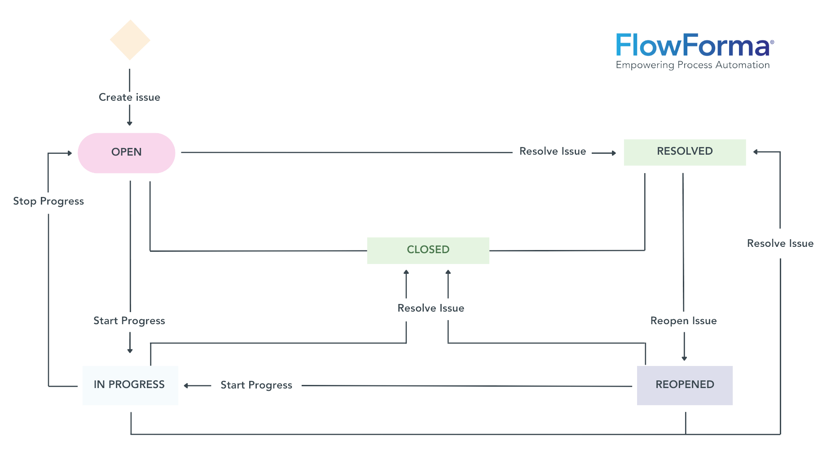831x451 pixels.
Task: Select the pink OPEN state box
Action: point(126,152)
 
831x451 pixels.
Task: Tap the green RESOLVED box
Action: point(684,152)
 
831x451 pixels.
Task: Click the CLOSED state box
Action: point(428,250)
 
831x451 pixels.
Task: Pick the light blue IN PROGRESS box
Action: point(130,385)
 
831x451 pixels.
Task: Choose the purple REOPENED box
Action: point(685,385)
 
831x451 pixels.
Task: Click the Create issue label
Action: point(129,97)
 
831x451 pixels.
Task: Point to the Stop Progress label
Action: point(48,201)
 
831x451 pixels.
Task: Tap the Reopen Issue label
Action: point(683,321)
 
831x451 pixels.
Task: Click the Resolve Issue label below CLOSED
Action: point(431,308)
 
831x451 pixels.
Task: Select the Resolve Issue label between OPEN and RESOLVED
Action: point(552,152)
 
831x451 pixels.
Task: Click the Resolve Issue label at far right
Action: point(780,244)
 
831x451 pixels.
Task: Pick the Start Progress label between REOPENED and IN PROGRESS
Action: point(256,385)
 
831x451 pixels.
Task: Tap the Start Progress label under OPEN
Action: point(129,321)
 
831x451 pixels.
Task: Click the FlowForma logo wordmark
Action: point(694,45)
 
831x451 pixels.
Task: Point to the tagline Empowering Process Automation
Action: point(693,65)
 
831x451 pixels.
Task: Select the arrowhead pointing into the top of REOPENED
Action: point(684,358)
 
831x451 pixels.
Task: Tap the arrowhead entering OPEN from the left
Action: point(70,153)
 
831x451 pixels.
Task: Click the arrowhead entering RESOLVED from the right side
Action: point(756,152)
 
